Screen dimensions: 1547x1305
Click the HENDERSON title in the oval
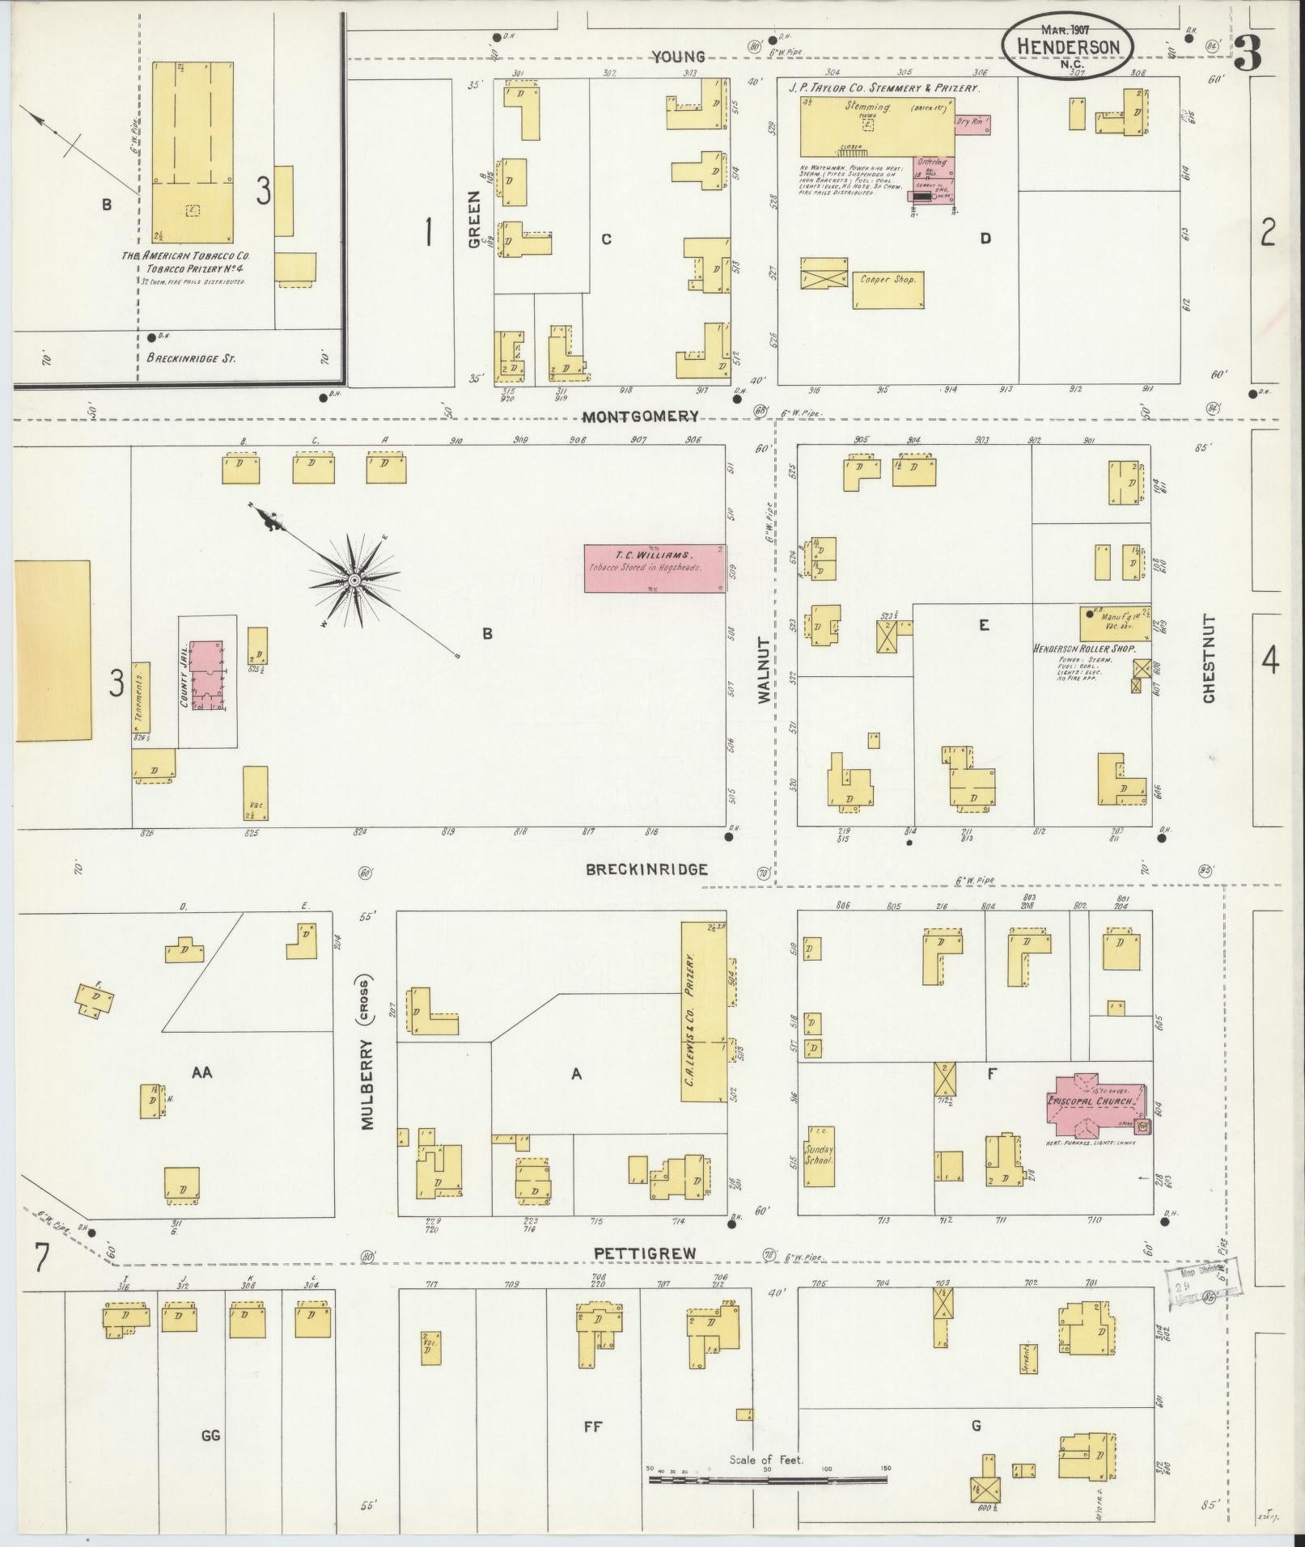pos(1067,47)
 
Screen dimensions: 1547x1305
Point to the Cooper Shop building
pos(888,289)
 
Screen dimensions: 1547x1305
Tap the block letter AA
pos(201,1072)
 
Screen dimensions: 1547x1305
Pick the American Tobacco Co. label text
pos(185,255)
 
